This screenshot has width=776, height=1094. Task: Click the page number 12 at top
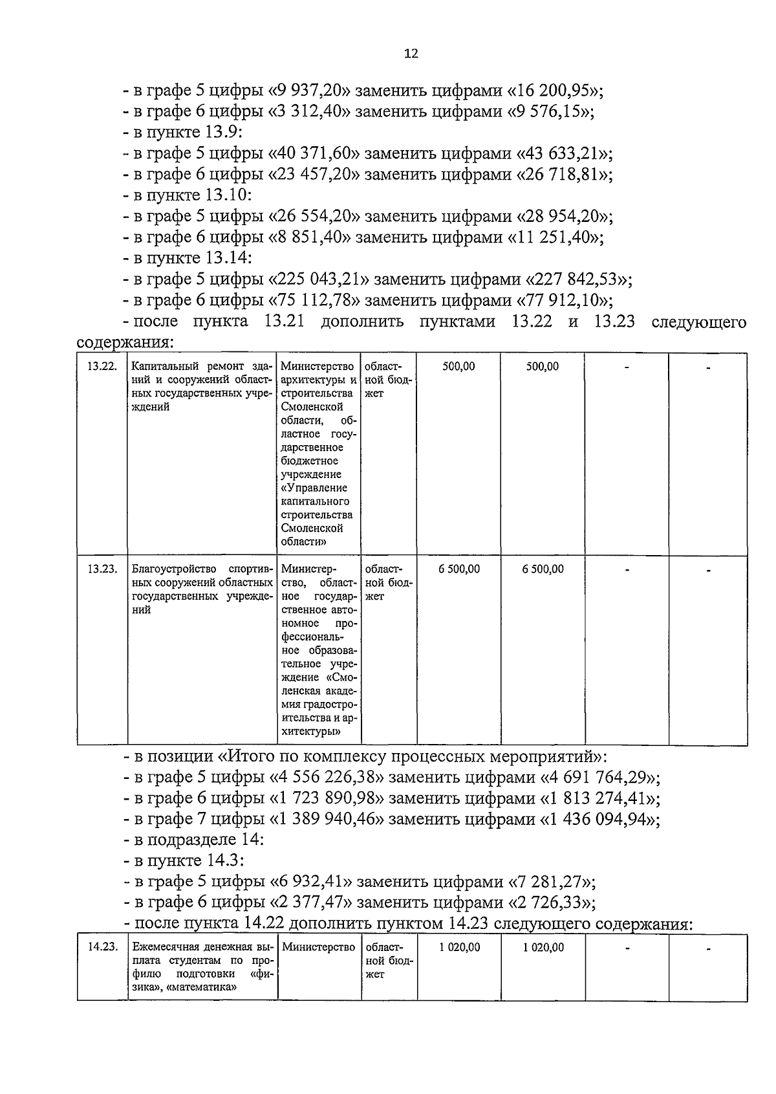pyautogui.click(x=411, y=54)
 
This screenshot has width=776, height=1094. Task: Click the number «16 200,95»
pyautogui.click(x=561, y=91)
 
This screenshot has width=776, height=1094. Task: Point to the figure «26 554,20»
pyautogui.click(x=314, y=216)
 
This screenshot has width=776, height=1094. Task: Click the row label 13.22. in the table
pyautogui.click(x=102, y=366)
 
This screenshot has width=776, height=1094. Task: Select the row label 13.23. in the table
pyautogui.click(x=102, y=569)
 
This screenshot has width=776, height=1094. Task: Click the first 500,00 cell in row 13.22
pyautogui.click(x=458, y=366)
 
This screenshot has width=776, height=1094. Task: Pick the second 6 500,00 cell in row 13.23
pyautogui.click(x=543, y=569)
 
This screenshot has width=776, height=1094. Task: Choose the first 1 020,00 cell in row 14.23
pyautogui.click(x=459, y=947)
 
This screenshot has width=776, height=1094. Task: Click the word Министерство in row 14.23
pyautogui.click(x=319, y=947)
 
